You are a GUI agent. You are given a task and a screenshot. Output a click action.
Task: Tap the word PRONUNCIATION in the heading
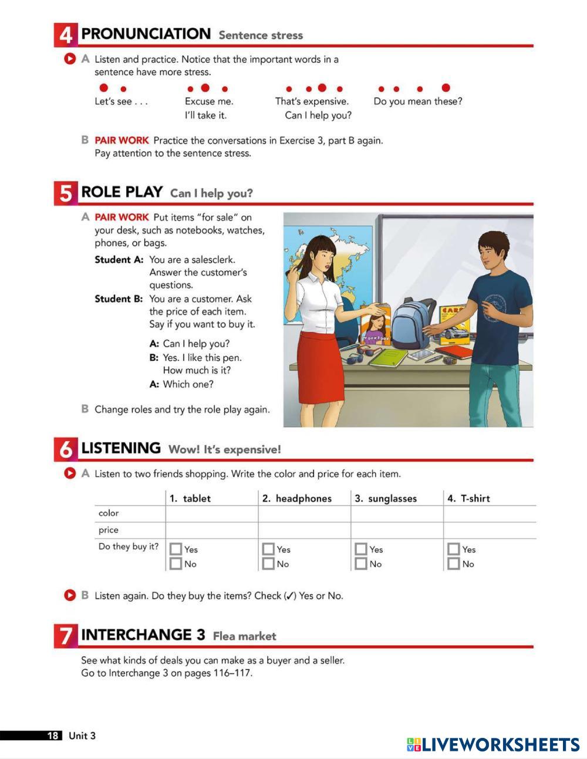[146, 34]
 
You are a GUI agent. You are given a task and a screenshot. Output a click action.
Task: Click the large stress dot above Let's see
[104, 87]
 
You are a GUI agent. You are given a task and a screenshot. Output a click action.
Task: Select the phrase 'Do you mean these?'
[418, 101]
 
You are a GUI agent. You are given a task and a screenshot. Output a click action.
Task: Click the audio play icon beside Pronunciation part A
[70, 59]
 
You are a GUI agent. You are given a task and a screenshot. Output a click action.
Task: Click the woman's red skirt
[320, 367]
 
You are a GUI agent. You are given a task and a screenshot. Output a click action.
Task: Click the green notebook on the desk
[388, 358]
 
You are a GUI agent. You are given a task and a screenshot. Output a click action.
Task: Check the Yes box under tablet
[176, 549]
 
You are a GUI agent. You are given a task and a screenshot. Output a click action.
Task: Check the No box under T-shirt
[454, 564]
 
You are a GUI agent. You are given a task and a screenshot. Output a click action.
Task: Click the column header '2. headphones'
[297, 499]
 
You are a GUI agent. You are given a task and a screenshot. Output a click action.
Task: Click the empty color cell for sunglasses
[397, 514]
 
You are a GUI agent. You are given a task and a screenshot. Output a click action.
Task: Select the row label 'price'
[109, 530]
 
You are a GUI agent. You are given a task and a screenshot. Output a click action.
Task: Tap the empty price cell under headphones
[304, 531]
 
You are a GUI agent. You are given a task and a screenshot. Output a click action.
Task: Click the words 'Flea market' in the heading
[245, 636]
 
